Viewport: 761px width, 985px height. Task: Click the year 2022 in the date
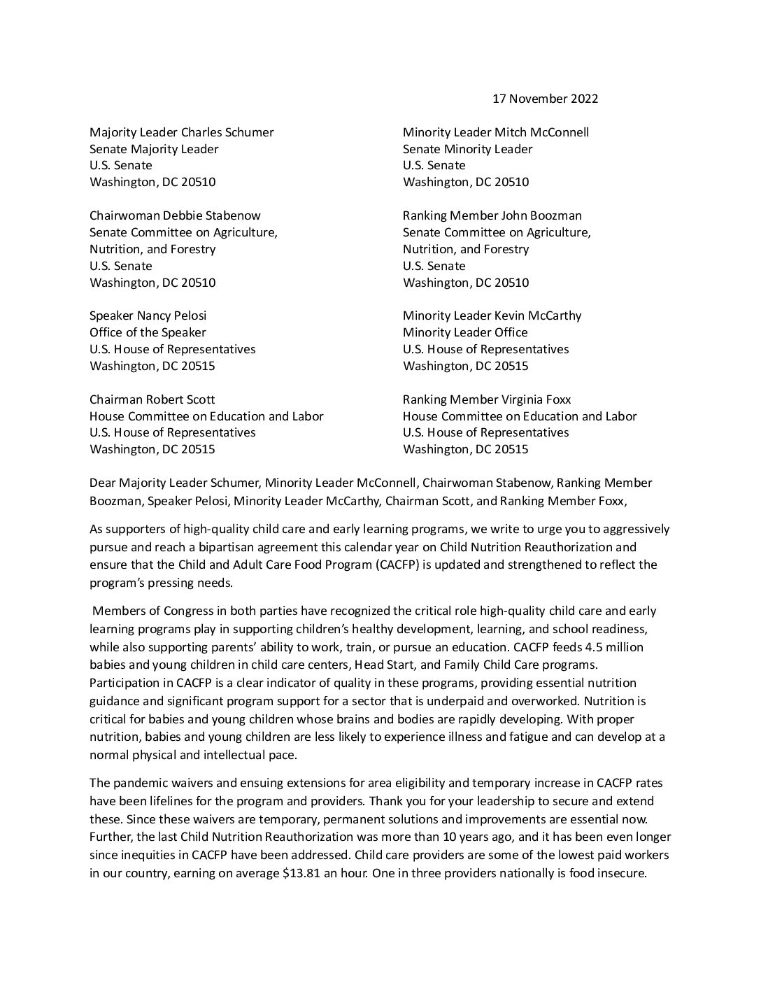(584, 99)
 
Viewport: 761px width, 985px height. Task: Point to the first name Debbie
(183, 215)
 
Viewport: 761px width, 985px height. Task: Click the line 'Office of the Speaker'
(148, 332)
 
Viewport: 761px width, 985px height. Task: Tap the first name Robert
(165, 399)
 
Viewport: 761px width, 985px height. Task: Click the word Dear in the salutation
(102, 483)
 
